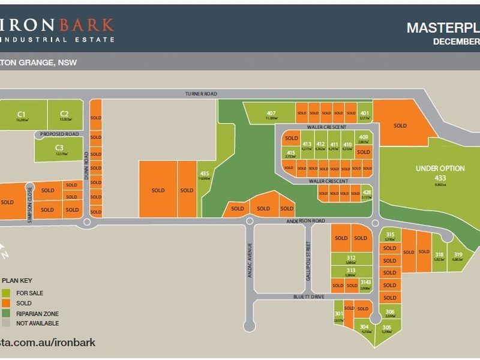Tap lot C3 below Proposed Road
pyautogui.click(x=59, y=149)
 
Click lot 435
pyautogui.click(x=205, y=175)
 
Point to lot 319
pyautogui.click(x=458, y=256)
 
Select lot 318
pyautogui.click(x=439, y=256)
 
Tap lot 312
pyautogui.click(x=351, y=259)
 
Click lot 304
pyautogui.click(x=365, y=328)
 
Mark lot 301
pyautogui.click(x=339, y=316)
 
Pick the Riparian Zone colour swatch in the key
pyautogui.click(x=6, y=313)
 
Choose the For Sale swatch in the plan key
pyautogui.click(x=6, y=293)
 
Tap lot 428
pyautogui.click(x=367, y=193)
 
